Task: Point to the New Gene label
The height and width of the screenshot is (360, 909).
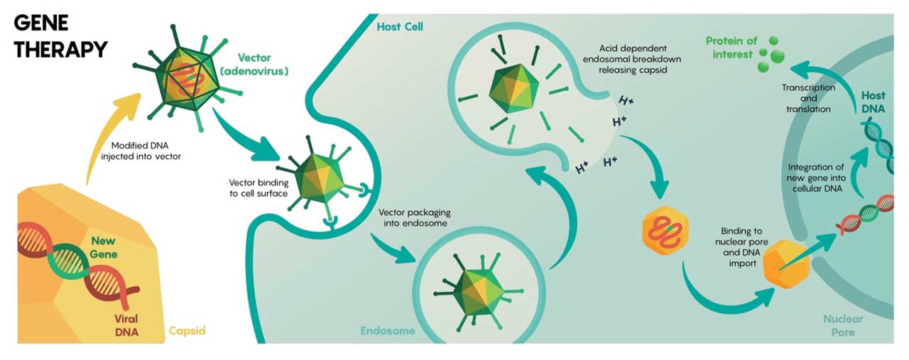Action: click(103, 248)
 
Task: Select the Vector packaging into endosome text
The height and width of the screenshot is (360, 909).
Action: click(414, 217)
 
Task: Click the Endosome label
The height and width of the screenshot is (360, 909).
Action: click(387, 331)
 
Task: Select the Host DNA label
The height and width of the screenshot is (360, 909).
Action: click(873, 101)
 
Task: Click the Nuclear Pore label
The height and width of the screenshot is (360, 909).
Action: click(844, 325)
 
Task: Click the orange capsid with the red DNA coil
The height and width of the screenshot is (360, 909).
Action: click(661, 231)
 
